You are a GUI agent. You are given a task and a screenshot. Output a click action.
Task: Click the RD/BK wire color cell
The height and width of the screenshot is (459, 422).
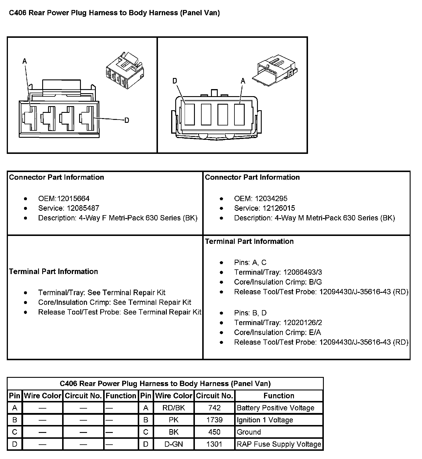point(173,408)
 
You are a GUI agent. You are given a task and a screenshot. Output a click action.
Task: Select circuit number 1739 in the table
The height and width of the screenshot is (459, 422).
point(214,420)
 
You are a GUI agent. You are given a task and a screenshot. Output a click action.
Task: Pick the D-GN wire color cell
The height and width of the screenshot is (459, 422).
point(173,444)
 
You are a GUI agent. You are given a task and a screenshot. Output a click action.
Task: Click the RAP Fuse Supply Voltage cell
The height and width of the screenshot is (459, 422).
point(279,444)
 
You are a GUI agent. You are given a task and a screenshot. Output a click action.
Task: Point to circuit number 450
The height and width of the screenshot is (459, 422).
point(214,432)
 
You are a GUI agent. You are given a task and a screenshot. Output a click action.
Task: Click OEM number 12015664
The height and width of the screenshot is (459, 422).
point(73,198)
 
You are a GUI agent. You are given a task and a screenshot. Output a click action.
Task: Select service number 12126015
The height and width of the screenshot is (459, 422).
point(279,208)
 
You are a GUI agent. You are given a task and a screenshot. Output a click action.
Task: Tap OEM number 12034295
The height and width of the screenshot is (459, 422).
point(271,198)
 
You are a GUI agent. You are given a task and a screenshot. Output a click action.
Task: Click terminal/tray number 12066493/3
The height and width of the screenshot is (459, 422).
point(302,272)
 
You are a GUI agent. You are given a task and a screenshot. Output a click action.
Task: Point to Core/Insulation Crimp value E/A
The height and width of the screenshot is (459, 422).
point(315,332)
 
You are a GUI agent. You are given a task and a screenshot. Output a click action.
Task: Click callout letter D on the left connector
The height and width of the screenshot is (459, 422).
point(127,120)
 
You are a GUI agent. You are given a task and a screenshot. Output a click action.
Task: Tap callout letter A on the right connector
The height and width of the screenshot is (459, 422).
point(243,81)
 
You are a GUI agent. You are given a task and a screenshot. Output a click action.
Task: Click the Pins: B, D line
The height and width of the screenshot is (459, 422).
point(250,313)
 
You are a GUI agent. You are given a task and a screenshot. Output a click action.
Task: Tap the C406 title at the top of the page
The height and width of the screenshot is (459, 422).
point(114,13)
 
